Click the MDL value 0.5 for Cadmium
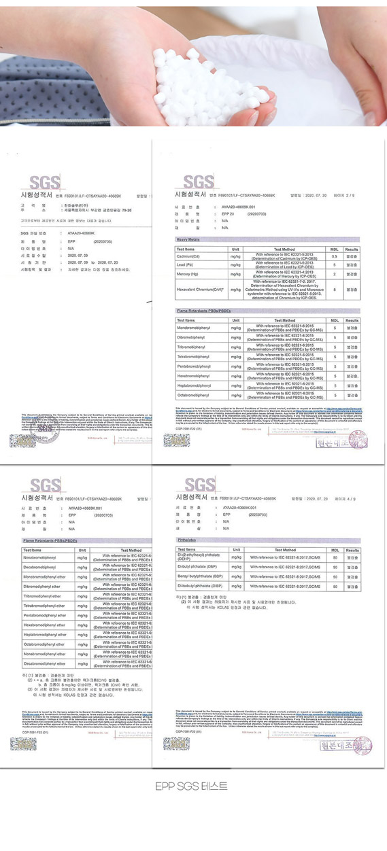(334, 256)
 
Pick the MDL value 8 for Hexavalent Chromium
(334, 290)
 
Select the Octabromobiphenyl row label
(195, 394)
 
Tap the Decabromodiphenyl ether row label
(46, 663)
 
